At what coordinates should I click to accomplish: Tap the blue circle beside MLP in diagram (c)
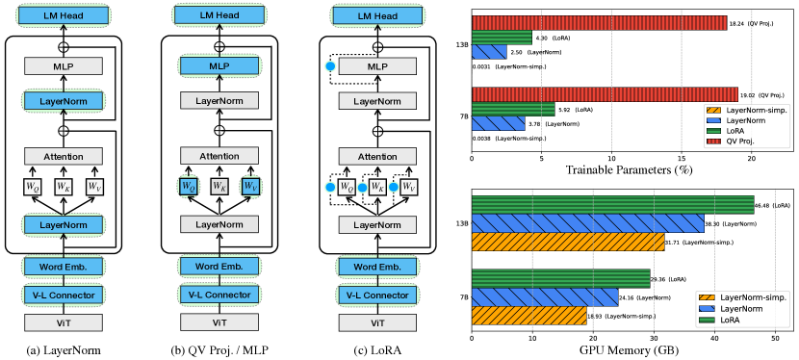(x=330, y=66)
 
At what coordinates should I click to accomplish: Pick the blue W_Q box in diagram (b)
(x=190, y=185)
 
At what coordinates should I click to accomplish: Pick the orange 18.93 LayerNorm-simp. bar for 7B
(x=528, y=314)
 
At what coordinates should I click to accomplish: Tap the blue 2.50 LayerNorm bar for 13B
(x=489, y=52)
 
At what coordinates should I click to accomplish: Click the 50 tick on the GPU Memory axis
(x=776, y=338)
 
